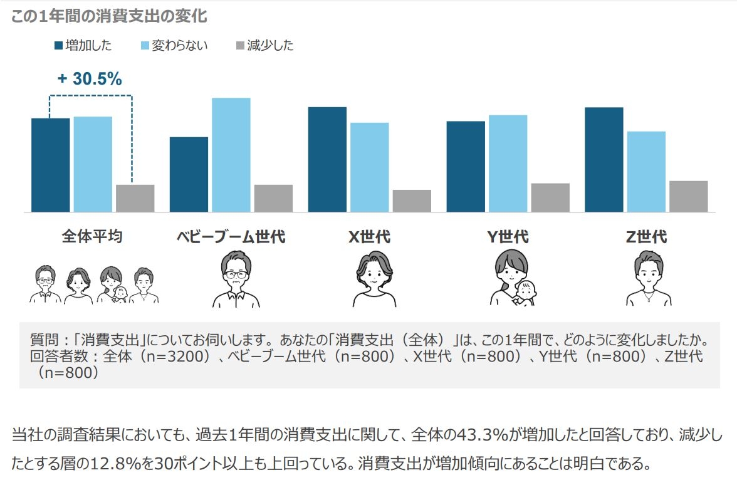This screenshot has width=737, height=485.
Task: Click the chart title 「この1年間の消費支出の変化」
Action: click(109, 17)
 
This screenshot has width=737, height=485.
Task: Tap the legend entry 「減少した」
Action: click(264, 45)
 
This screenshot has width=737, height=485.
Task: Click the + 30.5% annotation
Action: click(90, 79)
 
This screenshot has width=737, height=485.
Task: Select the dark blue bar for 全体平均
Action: click(51, 165)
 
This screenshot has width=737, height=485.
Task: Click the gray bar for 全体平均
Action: click(135, 198)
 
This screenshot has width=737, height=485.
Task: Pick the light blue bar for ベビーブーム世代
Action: click(231, 155)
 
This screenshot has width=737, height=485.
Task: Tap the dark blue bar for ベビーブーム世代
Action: click(189, 174)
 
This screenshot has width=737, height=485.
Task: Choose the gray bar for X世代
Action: click(412, 201)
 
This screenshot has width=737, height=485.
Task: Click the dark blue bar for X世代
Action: click(327, 159)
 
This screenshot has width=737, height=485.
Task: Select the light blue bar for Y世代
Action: click(508, 163)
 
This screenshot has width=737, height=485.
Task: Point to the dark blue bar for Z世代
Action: click(604, 159)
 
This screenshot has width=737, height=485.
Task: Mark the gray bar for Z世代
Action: click(688, 196)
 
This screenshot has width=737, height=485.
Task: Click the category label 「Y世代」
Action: click(508, 237)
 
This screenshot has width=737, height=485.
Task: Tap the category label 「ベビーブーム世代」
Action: click(231, 237)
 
